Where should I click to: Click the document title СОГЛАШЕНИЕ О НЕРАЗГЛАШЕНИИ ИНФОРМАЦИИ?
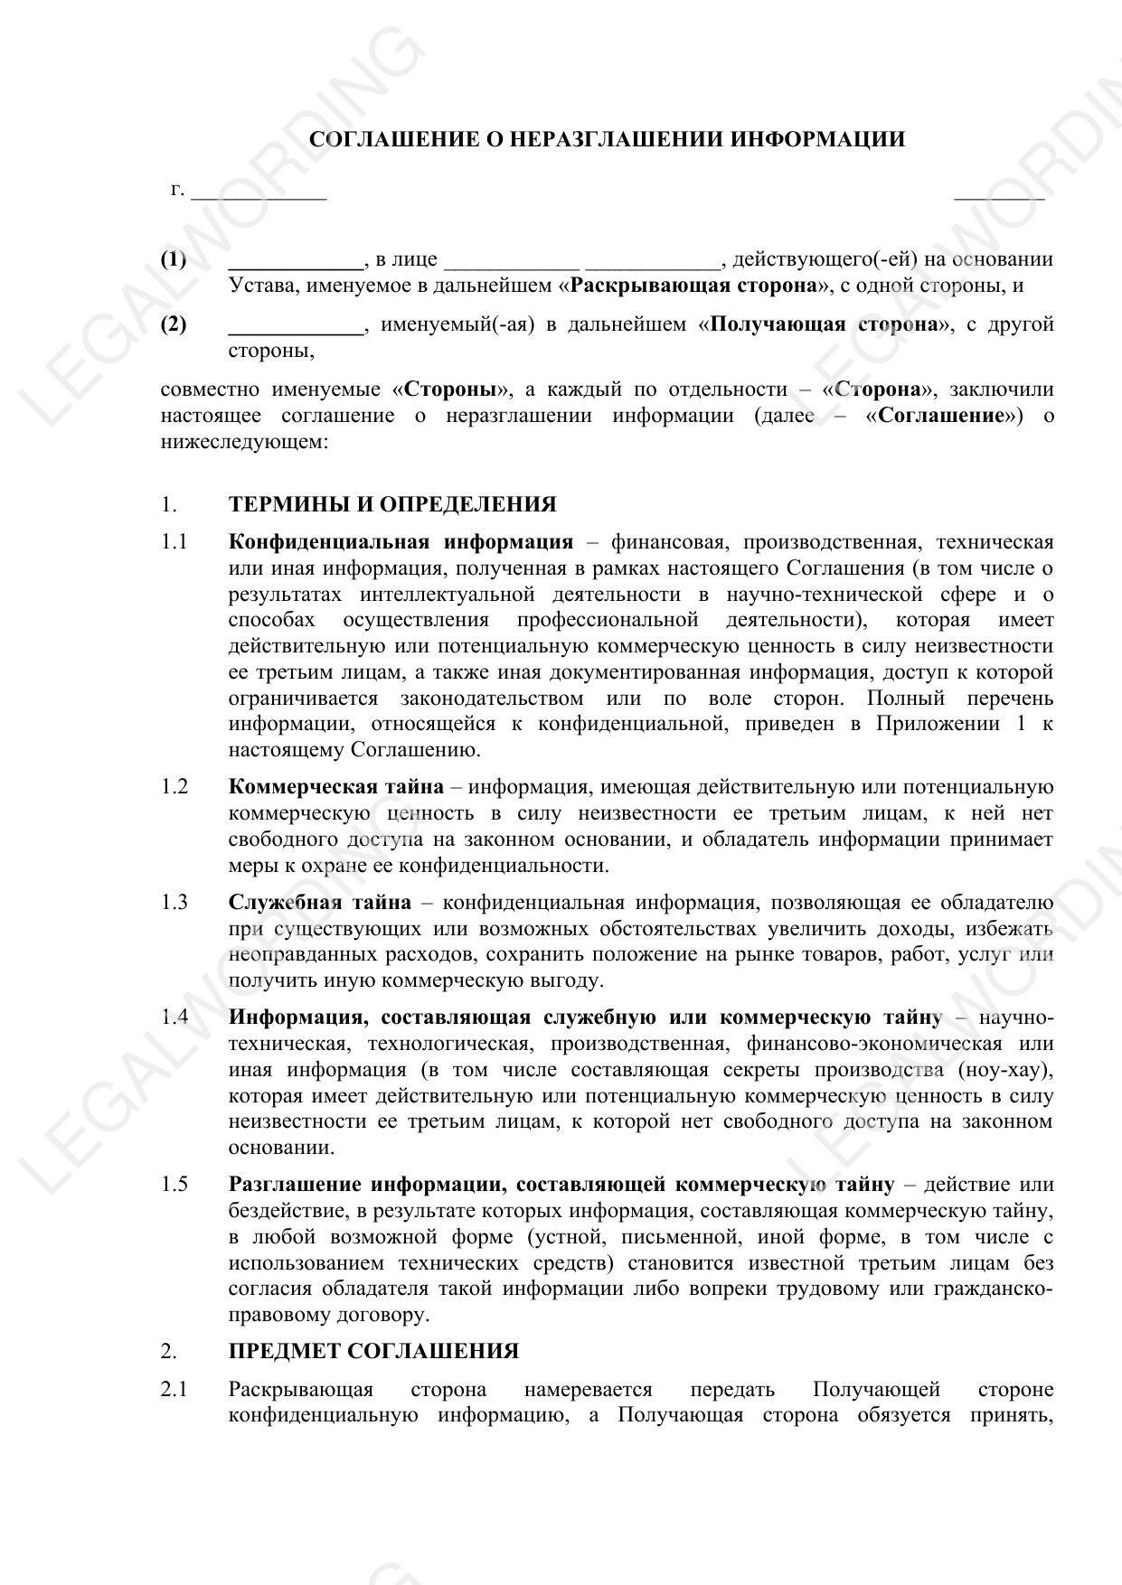coord(607,139)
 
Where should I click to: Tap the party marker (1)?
coord(174,260)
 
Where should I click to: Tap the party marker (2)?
coord(174,324)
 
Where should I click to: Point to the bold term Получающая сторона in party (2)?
coord(825,324)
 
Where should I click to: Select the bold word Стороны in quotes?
coord(451,389)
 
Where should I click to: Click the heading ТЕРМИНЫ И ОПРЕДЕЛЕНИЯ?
coord(392,504)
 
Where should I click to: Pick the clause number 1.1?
coord(174,542)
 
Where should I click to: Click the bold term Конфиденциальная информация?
coord(401,542)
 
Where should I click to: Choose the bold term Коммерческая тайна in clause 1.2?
coord(336,787)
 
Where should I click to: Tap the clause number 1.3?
coord(174,902)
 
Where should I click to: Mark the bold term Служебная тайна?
coord(320,902)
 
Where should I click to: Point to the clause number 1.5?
coord(174,1185)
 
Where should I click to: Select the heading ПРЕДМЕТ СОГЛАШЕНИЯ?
coord(373,1352)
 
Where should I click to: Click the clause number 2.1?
coord(174,1389)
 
